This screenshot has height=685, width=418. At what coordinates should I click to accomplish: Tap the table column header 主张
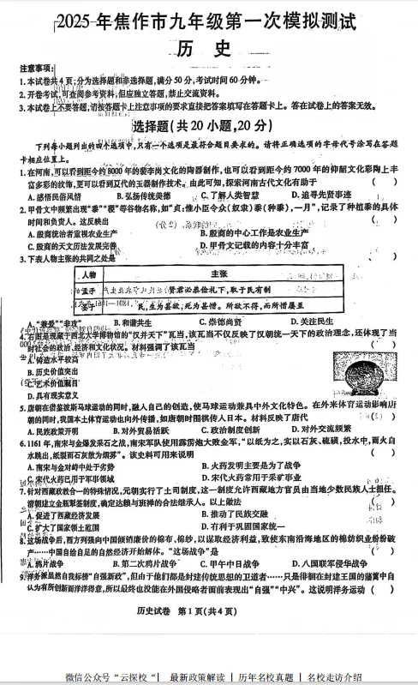point(218,273)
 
